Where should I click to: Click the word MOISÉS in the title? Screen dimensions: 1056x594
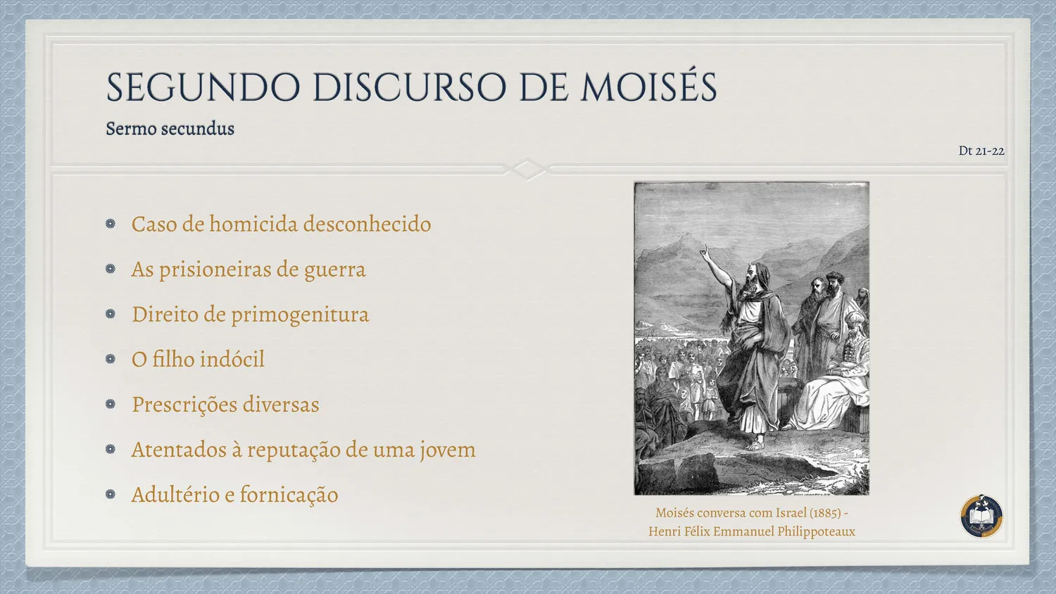(x=648, y=87)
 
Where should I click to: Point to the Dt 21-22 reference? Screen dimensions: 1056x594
(x=981, y=151)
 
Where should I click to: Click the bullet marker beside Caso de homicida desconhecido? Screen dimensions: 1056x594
(x=111, y=224)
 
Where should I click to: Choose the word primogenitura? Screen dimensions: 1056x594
(x=300, y=315)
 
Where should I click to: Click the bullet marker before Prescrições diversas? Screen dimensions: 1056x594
(x=111, y=404)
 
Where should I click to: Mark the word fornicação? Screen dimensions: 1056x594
(x=289, y=495)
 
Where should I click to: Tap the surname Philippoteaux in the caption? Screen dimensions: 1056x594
(x=816, y=532)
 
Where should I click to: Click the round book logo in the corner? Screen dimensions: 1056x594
(x=981, y=516)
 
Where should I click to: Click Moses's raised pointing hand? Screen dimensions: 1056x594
(x=704, y=251)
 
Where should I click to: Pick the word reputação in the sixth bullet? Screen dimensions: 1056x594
(x=293, y=450)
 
